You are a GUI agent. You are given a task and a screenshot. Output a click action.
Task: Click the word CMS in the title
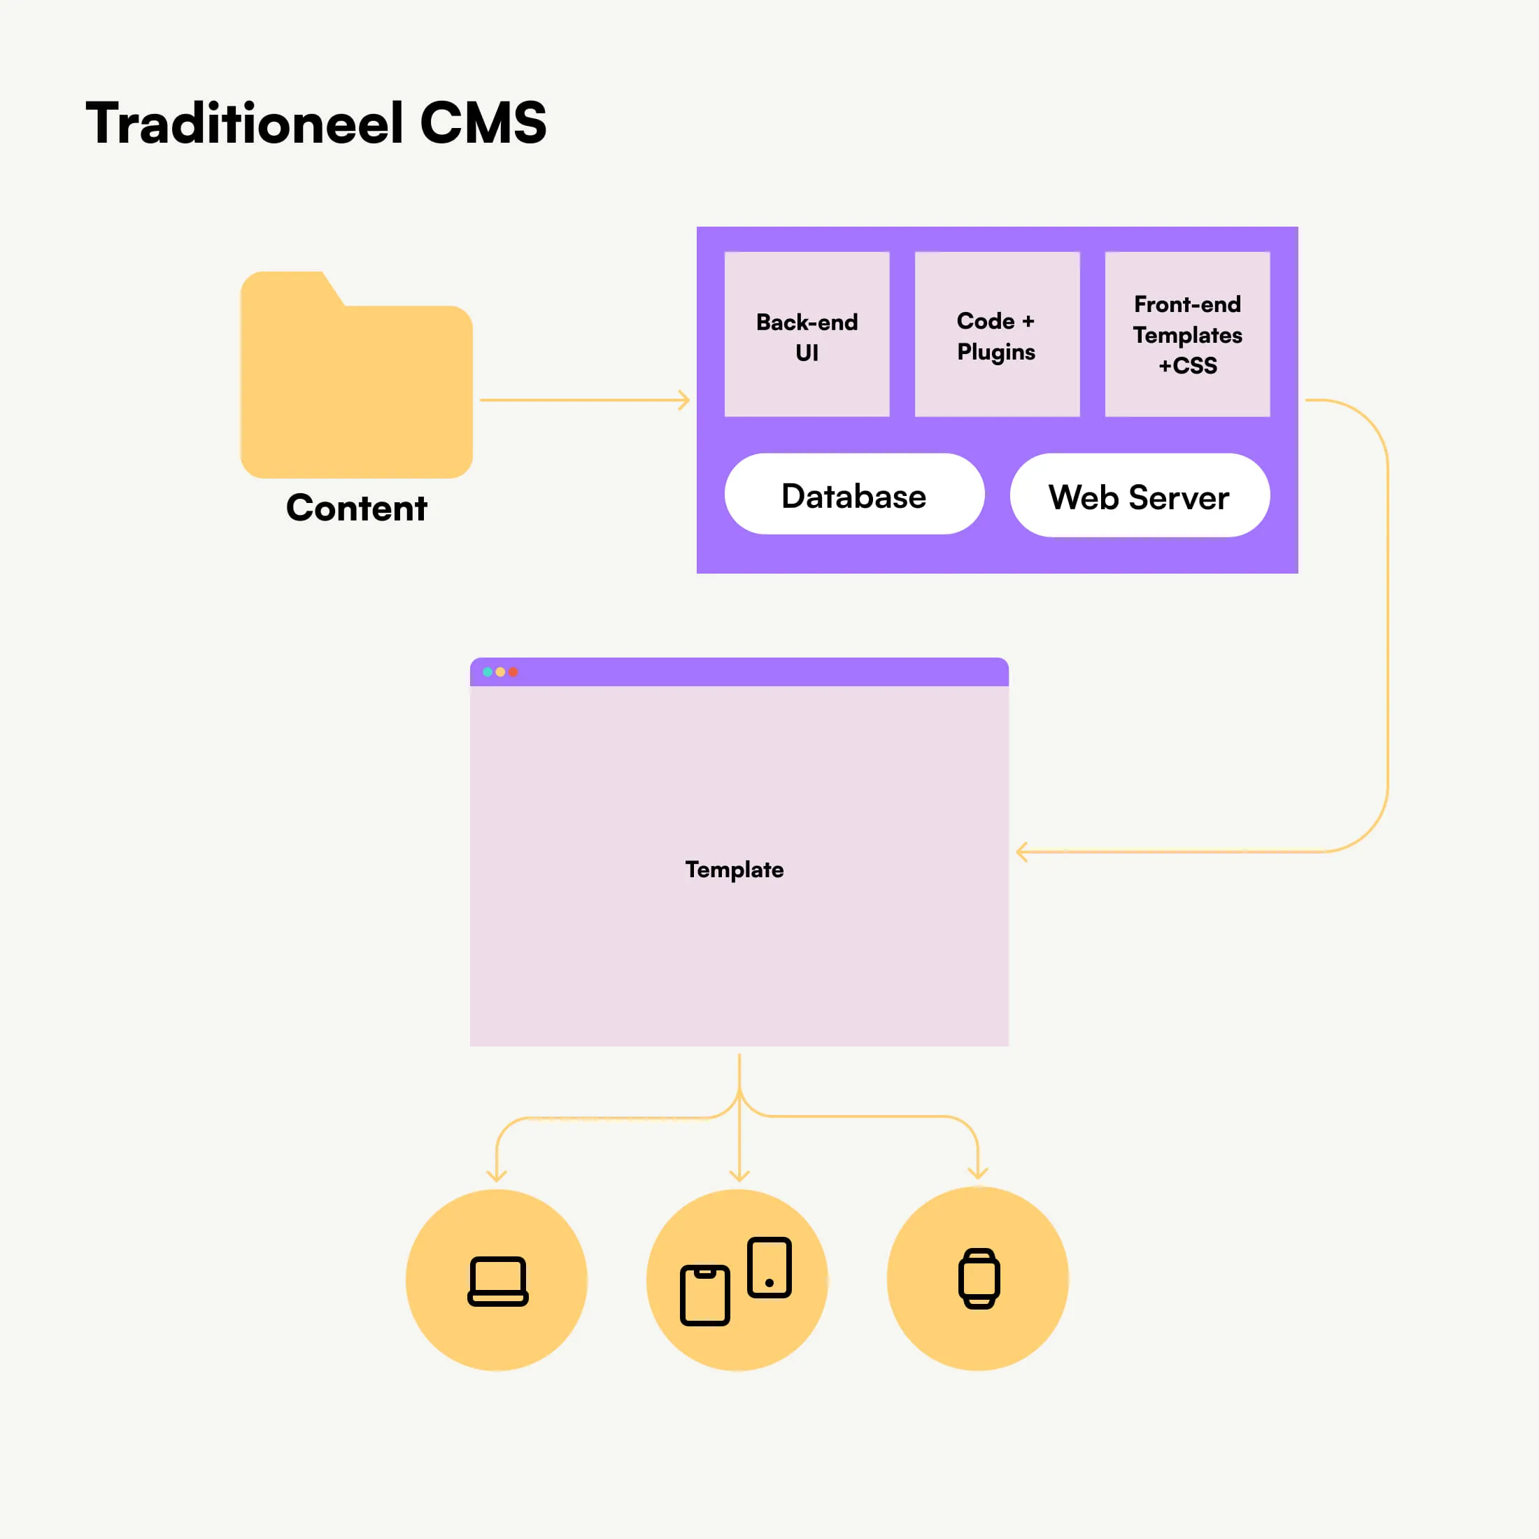483,124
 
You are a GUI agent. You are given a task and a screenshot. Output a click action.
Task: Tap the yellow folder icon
356,383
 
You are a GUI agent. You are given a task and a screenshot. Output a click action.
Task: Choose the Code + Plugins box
997,334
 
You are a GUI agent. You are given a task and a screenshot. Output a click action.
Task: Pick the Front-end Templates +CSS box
1187,334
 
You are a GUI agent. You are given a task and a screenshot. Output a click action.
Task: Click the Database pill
854,495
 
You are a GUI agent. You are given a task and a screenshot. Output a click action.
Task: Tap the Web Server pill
1139,496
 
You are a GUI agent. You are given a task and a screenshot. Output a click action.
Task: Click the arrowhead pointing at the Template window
1021,851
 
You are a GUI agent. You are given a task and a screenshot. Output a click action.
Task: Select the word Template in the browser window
735,869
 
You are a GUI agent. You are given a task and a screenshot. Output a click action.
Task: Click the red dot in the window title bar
513,672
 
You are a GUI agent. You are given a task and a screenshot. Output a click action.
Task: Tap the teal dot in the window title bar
488,672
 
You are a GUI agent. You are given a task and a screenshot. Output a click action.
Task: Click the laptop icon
498,1281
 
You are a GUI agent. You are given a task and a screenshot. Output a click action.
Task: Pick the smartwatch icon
978,1279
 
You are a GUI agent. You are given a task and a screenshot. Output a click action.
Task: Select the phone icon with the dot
769,1268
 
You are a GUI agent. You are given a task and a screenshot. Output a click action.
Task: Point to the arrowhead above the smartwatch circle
977,1173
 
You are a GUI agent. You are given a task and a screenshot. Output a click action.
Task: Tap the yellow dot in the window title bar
500,672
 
